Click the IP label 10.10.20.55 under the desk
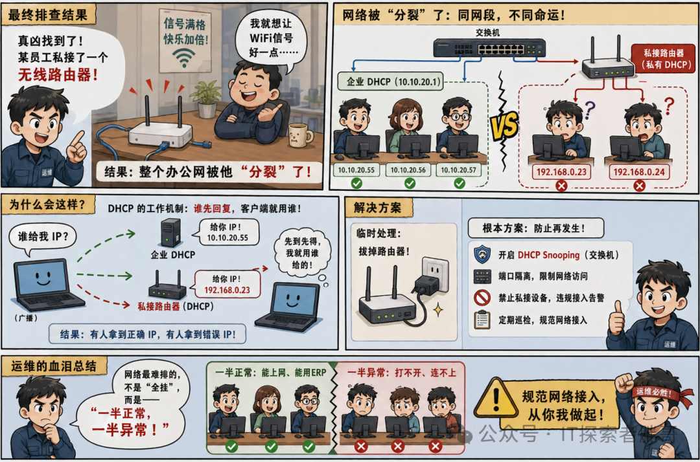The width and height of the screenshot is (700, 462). tap(356, 170)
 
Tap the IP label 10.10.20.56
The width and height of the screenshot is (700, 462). tap(408, 170)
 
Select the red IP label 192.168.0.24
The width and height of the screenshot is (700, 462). tap(639, 172)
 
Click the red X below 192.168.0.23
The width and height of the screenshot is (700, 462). tap(561, 186)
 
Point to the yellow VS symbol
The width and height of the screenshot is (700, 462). tap(505, 125)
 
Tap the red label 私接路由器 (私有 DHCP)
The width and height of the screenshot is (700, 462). tap(664, 58)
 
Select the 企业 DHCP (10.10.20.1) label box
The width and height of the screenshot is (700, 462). tap(390, 82)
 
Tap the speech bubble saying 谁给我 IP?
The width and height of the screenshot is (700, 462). tap(43, 237)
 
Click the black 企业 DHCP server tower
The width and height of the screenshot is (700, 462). tap(170, 232)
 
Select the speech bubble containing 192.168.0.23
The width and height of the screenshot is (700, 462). tap(227, 284)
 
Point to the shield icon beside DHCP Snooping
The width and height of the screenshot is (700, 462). tap(482, 254)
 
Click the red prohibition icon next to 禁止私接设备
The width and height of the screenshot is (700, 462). tap(482, 297)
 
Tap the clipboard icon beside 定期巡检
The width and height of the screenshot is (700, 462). tap(482, 320)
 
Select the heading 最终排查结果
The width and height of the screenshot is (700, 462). tap(48, 15)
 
